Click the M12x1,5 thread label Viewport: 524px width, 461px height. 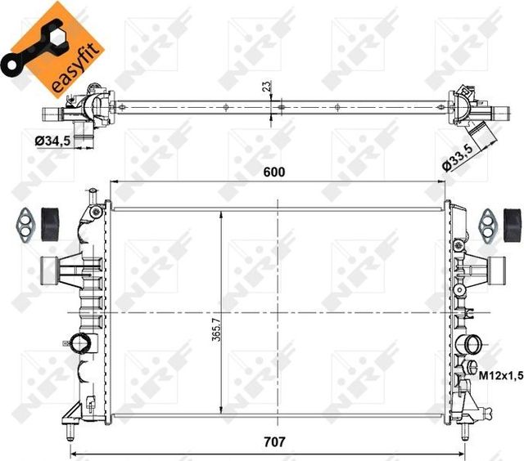pos(499,374)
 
